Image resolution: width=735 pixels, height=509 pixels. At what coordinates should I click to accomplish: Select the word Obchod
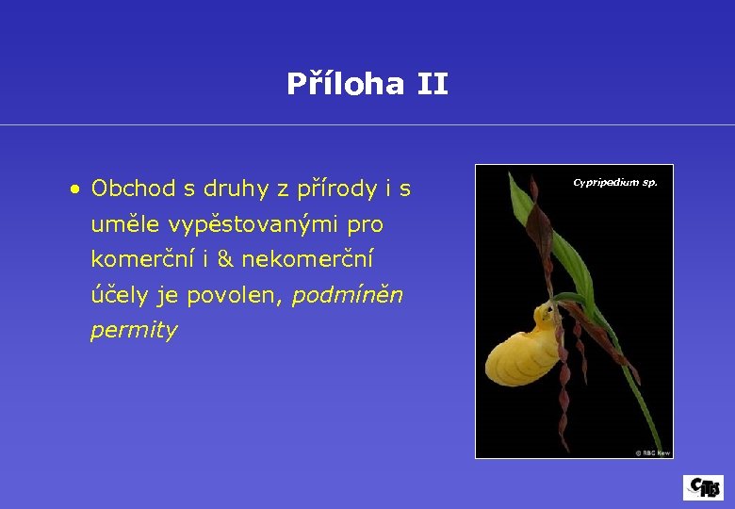[133, 189]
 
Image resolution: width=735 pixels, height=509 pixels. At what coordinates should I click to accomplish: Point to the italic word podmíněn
[347, 295]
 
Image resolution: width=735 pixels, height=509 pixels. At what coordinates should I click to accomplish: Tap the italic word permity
[133, 331]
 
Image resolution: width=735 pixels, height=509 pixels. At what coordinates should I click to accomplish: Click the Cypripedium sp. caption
[615, 182]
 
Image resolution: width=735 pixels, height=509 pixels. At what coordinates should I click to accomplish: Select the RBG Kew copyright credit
[652, 452]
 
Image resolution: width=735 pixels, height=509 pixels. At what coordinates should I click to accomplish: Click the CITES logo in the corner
[703, 487]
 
